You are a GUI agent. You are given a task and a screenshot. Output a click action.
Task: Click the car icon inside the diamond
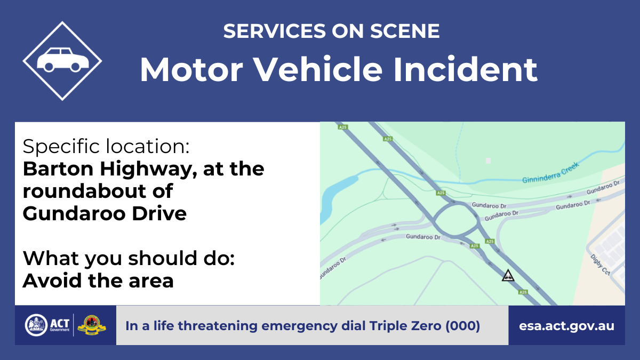63,60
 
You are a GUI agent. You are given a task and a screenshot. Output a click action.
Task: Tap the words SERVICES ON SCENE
331,31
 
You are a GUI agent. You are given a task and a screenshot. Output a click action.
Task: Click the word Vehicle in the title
318,69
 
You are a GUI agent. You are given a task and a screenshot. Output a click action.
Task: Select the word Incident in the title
466,69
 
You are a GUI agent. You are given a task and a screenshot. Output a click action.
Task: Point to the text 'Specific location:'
106,146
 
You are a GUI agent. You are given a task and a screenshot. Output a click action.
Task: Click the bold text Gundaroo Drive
105,213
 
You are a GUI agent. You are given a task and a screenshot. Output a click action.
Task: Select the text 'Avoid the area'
98,281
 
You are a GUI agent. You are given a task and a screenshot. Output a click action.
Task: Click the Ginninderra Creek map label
550,173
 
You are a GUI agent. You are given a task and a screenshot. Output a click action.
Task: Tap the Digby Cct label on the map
600,265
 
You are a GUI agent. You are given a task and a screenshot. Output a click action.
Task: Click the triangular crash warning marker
508,276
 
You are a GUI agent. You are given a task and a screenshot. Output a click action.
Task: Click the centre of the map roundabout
456,219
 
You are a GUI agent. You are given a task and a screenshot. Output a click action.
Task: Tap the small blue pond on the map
334,197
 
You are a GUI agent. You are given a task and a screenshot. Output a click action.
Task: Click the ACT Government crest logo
36,325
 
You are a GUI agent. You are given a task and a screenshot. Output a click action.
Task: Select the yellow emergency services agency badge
92,325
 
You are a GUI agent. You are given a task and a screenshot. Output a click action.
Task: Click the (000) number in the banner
462,326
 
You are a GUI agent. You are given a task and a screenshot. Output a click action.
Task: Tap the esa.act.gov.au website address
566,326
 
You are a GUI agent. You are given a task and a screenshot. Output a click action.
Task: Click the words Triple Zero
405,326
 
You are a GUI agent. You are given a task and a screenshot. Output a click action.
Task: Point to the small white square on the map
489,161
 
